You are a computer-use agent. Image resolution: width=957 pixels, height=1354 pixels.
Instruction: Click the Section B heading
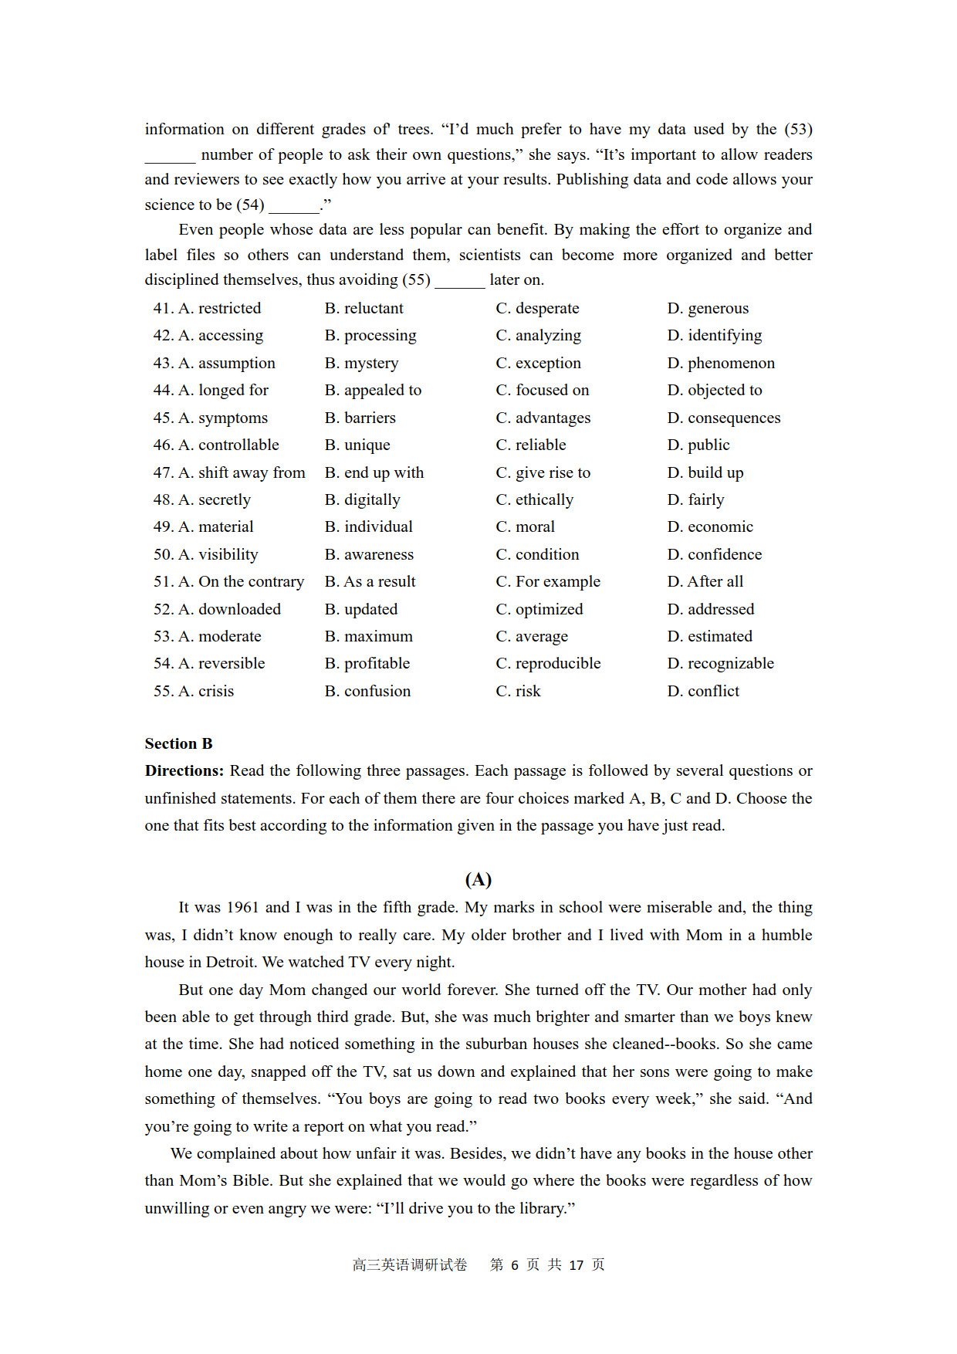(178, 743)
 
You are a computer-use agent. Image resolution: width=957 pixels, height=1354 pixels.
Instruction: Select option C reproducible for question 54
(548, 663)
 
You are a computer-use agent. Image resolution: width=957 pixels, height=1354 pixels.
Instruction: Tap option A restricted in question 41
(220, 308)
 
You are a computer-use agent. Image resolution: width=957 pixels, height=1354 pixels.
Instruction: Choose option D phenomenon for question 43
(721, 363)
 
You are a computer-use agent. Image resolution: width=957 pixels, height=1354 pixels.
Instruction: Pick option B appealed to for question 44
(373, 390)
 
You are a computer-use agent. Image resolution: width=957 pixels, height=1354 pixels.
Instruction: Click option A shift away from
(242, 472)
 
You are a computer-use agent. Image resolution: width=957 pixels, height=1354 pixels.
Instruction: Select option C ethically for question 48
(535, 499)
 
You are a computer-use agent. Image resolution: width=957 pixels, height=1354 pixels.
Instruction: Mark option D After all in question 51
(705, 581)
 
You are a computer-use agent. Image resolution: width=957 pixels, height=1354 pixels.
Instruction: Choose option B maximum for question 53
(369, 636)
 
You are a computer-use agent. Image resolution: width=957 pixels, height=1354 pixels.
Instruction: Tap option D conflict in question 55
(703, 691)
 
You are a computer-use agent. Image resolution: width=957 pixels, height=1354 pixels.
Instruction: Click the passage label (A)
(478, 879)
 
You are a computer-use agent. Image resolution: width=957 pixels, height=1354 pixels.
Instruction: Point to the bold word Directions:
(184, 770)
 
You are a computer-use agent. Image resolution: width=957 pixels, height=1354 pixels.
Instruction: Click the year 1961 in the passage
(242, 907)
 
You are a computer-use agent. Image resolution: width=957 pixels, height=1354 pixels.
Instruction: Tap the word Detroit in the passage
(231, 962)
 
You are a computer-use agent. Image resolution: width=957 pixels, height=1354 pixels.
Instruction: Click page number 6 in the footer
(515, 1265)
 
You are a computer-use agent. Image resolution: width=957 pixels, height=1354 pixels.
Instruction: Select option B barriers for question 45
(360, 418)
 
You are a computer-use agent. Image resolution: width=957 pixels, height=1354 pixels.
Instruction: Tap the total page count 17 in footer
(576, 1265)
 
